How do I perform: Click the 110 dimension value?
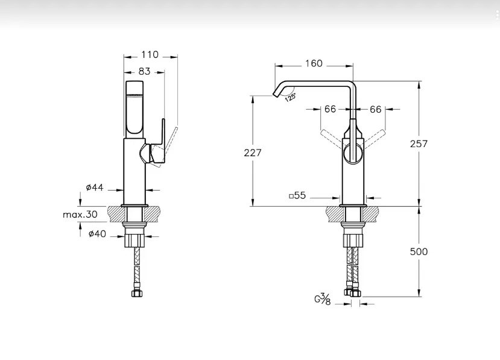point(150,55)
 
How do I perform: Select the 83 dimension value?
point(145,71)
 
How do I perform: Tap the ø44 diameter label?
point(95,188)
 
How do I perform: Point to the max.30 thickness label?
point(80,214)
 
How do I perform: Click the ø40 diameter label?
point(97,234)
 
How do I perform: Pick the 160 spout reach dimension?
point(314,63)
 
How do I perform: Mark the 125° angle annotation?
point(290,97)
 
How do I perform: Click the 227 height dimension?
point(253,153)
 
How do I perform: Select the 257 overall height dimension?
point(419,144)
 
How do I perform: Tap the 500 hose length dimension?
point(419,251)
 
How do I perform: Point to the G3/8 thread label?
point(323,300)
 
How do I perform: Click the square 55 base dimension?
point(297,195)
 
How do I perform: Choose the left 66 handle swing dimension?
point(330,109)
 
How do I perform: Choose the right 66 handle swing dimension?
point(376,109)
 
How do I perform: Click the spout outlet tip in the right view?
point(274,94)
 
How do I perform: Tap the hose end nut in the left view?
point(137,293)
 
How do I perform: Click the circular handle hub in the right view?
point(353,154)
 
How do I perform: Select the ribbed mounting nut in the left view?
point(135,240)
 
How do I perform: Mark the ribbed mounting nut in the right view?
point(353,240)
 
